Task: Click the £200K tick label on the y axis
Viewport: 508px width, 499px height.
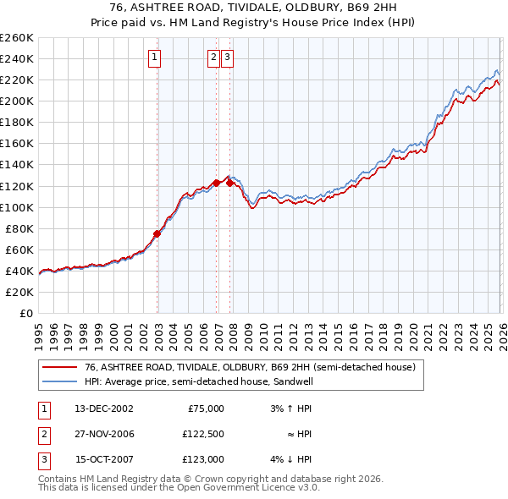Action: click(17, 101)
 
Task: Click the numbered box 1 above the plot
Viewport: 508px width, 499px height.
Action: click(156, 58)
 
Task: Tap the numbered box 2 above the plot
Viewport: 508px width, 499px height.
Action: click(213, 58)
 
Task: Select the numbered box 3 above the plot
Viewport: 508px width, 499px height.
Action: click(229, 58)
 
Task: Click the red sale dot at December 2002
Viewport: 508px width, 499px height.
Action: click(157, 233)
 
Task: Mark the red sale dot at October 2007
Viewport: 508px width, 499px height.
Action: click(229, 182)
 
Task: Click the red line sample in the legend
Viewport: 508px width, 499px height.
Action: click(59, 368)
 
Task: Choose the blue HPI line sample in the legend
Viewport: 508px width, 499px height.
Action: click(59, 382)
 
